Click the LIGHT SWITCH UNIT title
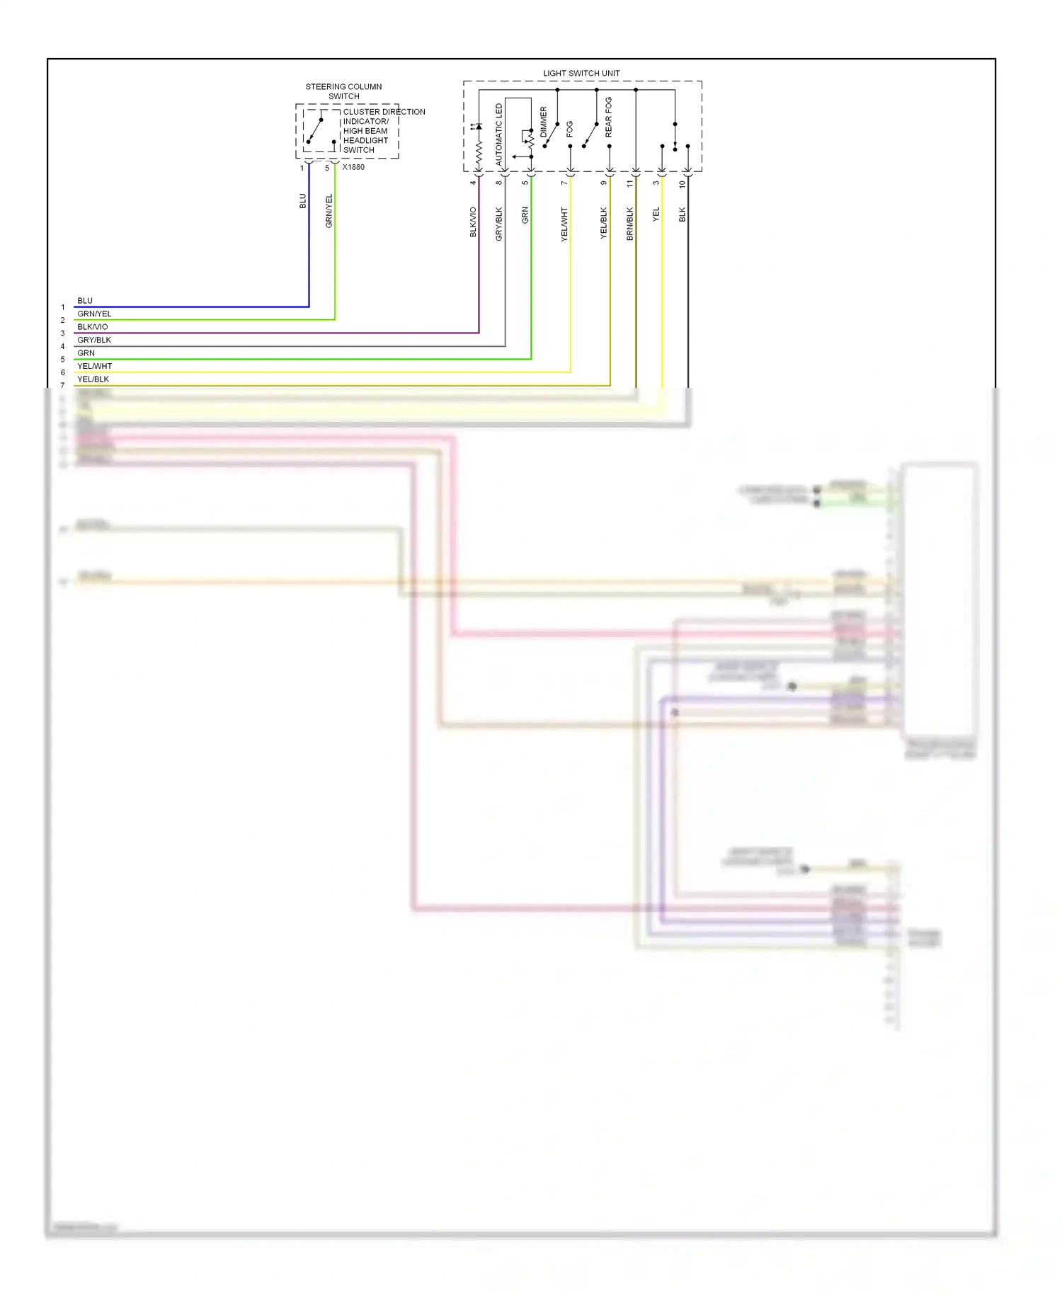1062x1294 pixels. pyautogui.click(x=581, y=73)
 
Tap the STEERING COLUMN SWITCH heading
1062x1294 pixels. pyautogui.click(x=343, y=91)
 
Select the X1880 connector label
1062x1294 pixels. pyautogui.click(x=353, y=167)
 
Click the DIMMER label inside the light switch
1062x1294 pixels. pyautogui.click(x=544, y=122)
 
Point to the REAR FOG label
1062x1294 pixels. pyautogui.click(x=609, y=117)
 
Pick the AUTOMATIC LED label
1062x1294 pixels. pyautogui.click(x=499, y=134)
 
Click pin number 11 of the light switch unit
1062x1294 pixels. pyautogui.click(x=629, y=183)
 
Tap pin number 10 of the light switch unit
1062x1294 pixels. pyautogui.click(x=683, y=184)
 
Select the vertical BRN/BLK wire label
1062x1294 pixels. pyautogui.click(x=630, y=224)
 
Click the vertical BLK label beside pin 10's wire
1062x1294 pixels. pyautogui.click(x=683, y=214)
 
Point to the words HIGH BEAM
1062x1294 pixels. pyautogui.click(x=365, y=131)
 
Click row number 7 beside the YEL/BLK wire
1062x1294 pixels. pyautogui.click(x=63, y=385)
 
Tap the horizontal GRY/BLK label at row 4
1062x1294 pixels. pyautogui.click(x=94, y=340)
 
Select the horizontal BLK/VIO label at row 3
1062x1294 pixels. pyautogui.click(x=93, y=327)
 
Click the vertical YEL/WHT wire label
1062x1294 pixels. pyautogui.click(x=564, y=224)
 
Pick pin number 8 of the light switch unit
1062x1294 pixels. pyautogui.click(x=499, y=183)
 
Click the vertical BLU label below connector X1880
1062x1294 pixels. pyautogui.click(x=303, y=201)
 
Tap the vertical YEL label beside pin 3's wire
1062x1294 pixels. pyautogui.click(x=656, y=214)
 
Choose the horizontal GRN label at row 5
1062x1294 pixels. pyautogui.click(x=86, y=353)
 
